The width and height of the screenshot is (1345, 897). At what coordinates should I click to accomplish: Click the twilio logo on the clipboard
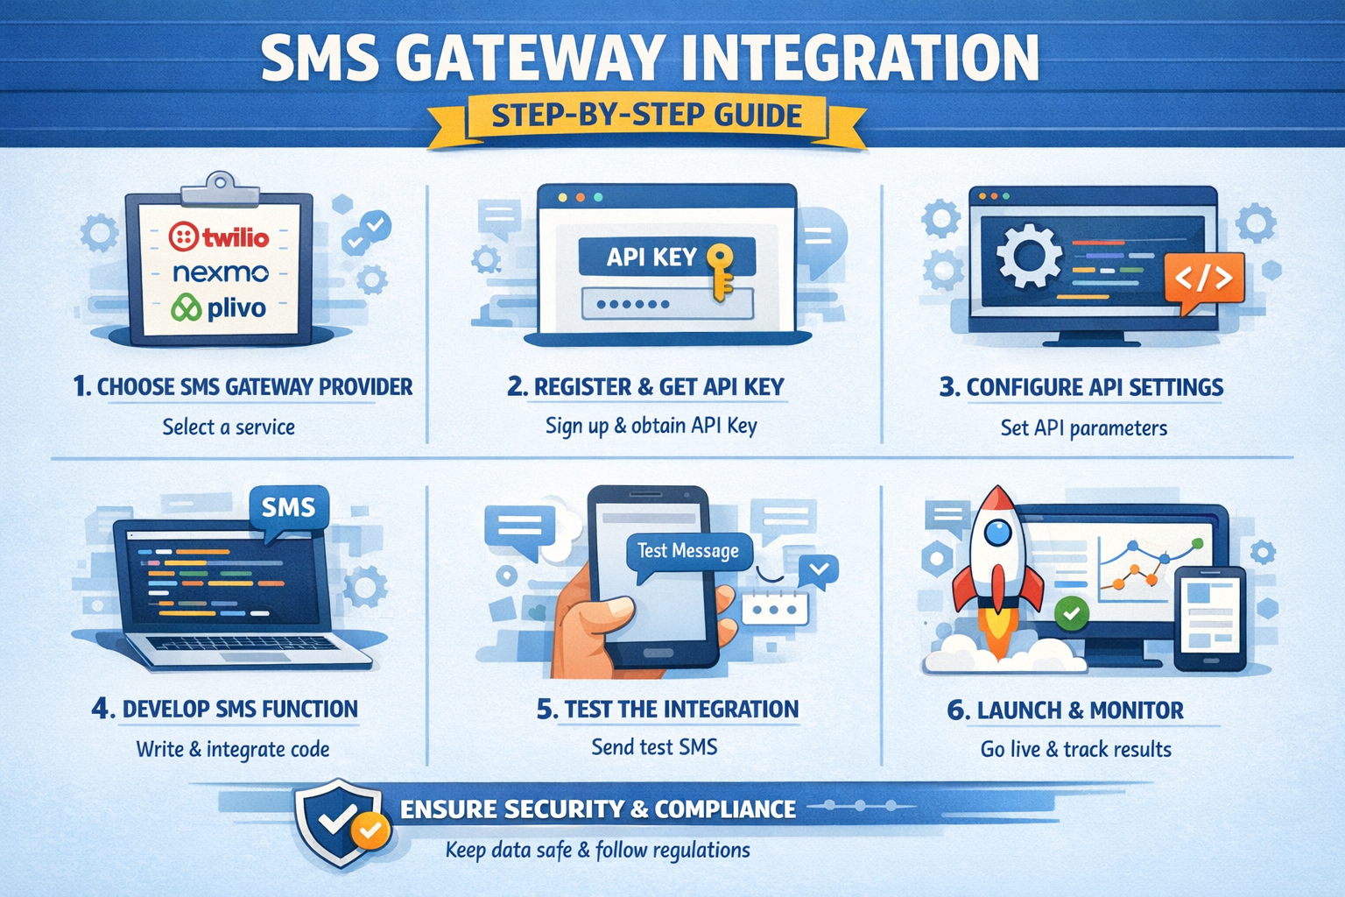219,237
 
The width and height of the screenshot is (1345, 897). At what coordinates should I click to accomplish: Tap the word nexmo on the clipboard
220,272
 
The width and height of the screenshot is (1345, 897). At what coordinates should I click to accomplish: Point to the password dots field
666,304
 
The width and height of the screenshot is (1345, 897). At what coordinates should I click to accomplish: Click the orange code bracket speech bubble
1203,279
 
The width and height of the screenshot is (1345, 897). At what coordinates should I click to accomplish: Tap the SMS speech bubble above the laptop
288,507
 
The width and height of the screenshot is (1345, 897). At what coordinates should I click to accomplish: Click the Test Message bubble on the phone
688,551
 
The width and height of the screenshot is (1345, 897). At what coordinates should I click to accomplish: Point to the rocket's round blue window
997,532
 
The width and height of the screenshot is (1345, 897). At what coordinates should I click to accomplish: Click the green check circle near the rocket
1071,613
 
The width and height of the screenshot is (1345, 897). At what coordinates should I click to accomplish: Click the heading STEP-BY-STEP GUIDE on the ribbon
647,116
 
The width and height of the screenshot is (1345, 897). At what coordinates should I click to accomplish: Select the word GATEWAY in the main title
528,59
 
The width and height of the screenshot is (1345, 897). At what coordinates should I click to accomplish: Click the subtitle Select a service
229,427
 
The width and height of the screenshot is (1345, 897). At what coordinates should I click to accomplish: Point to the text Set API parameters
1083,428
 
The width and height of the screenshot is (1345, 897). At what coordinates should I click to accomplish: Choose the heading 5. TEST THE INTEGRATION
667,710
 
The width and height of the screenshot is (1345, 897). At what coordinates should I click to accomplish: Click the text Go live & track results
1075,750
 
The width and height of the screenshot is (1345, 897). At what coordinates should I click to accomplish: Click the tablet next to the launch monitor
1209,618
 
